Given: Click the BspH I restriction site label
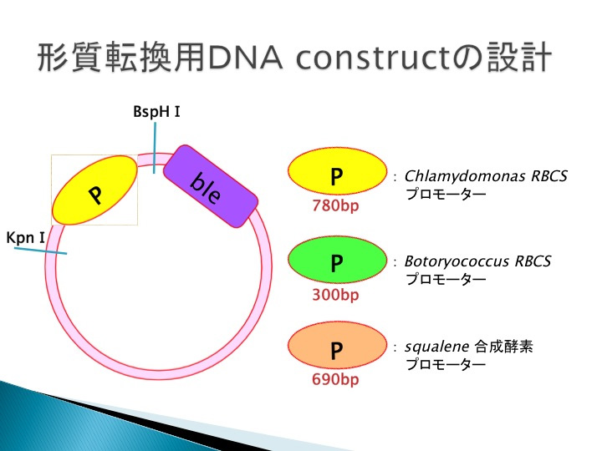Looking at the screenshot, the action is point(156,112).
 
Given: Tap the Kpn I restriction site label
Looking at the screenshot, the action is point(26,238).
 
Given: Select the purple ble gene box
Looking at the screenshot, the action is point(211,186).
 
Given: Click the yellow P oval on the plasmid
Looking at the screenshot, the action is point(94,190).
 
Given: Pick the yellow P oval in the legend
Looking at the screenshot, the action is point(337,171).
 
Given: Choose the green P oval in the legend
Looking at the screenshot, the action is point(337,260).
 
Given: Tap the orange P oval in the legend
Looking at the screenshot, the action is point(337,346).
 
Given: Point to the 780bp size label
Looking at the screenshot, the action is point(335,206).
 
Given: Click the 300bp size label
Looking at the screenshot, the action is point(335,295).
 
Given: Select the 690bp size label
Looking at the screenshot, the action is point(335,379).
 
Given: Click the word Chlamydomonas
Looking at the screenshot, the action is point(465,177).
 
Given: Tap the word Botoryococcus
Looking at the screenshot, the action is point(457,261).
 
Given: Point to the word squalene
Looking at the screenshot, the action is point(437,347).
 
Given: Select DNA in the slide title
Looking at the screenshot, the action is point(244,58).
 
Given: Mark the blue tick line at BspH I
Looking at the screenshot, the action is point(155,148).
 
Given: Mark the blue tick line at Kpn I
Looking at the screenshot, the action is point(40,251).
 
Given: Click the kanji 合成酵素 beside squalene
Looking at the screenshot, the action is point(503,347).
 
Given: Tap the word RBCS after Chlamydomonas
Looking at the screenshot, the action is point(549,176).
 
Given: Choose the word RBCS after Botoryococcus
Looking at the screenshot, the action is point(533,261).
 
